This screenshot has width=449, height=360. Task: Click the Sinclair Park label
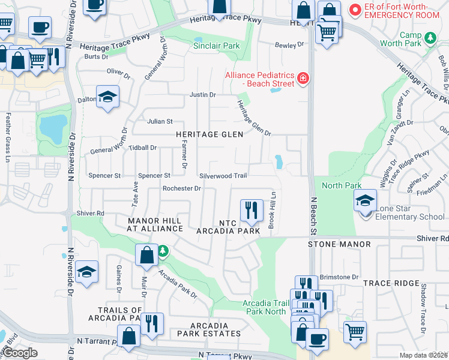click(x=216, y=46)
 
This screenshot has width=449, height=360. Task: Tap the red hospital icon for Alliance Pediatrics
click(x=303, y=78)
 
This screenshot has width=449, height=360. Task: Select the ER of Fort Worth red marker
click(x=355, y=10)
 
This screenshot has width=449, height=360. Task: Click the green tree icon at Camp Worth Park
click(x=429, y=38)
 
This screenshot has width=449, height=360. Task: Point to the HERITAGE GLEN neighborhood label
click(x=209, y=134)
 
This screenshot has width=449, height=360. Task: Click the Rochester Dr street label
click(x=181, y=188)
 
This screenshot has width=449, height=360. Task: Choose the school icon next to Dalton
click(x=107, y=97)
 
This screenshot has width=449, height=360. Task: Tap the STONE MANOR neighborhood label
click(x=339, y=245)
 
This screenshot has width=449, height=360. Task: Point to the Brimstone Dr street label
click(x=339, y=277)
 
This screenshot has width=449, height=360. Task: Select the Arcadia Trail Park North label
click(x=264, y=307)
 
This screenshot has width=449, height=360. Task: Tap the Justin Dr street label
click(x=202, y=95)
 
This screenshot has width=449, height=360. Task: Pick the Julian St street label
click(x=160, y=121)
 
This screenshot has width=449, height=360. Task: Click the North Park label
click(x=342, y=185)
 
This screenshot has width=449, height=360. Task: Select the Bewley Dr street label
click(x=289, y=45)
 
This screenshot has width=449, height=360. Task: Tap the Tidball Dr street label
click(x=143, y=148)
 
